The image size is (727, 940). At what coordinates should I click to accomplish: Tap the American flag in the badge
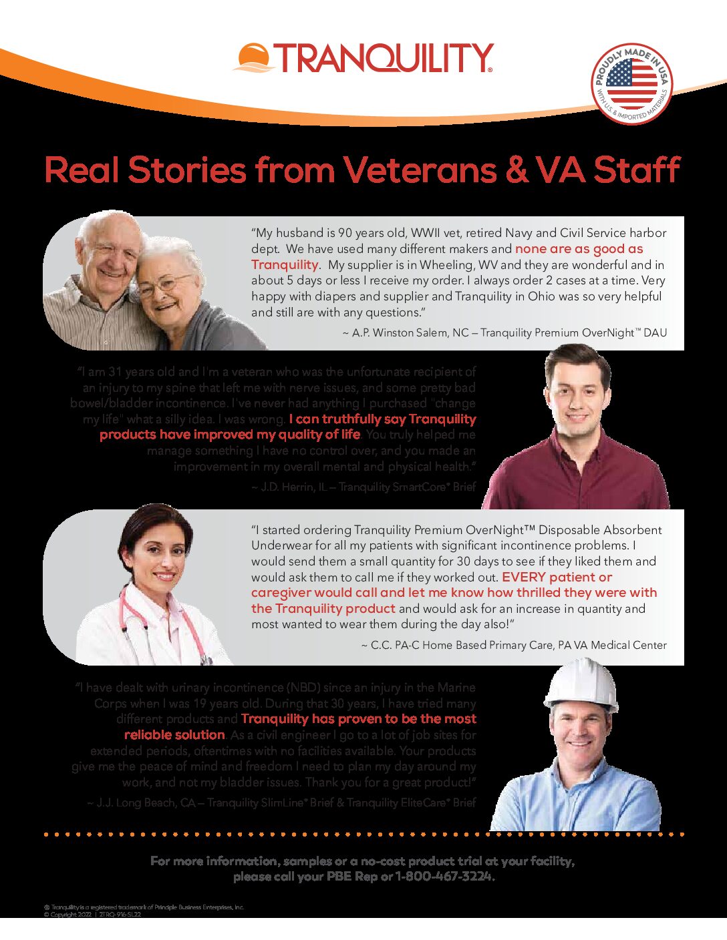631,83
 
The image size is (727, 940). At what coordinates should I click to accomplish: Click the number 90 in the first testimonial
345,233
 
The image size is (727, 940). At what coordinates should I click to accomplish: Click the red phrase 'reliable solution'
174,735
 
